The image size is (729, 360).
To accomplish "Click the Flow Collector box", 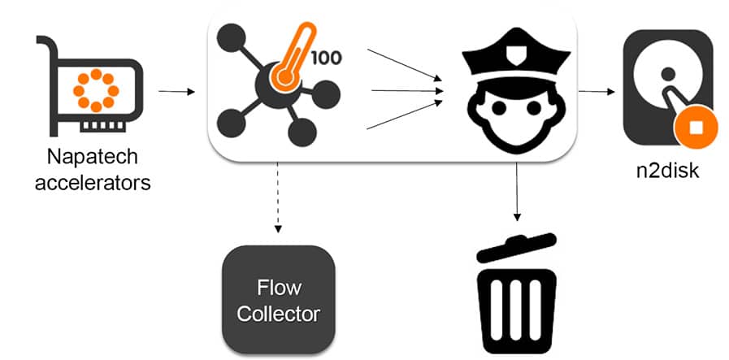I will coord(279,300).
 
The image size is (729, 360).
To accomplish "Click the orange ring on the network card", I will coord(95,89).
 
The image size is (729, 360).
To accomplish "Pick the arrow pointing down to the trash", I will coord(517,192).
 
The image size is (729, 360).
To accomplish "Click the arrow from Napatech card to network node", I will coord(176,91).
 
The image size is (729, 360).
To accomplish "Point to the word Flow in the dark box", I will coord(279,288).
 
